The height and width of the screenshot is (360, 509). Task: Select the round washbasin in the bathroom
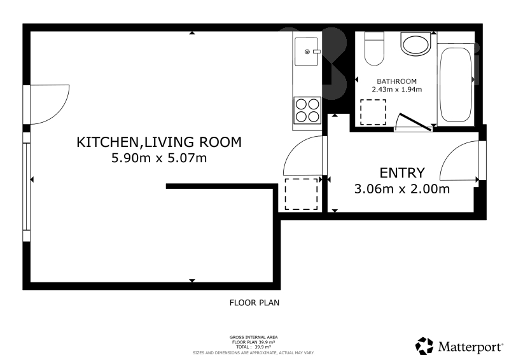tap(416, 45)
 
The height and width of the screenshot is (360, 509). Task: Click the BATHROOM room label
tap(396, 81)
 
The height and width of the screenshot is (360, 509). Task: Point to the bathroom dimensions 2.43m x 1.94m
tap(396, 90)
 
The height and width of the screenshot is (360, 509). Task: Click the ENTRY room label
tap(401, 172)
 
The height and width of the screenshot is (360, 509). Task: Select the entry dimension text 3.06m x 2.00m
tap(401, 188)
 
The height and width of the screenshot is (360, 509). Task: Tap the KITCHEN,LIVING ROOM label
tap(159, 142)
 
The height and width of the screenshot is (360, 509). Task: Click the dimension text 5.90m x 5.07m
tap(159, 158)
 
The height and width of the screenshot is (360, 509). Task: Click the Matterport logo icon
tap(424, 345)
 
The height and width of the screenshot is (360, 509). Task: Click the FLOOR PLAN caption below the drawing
tap(254, 303)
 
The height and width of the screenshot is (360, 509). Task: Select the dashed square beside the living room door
tap(301, 194)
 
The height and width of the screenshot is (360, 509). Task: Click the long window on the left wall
tap(26, 186)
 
